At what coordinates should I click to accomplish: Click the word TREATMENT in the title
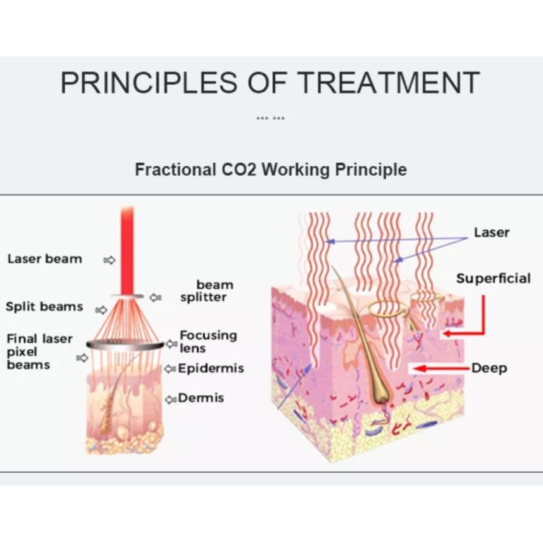click(388, 82)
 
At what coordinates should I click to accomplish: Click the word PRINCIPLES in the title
click(149, 82)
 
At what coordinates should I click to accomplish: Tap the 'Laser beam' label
click(44, 259)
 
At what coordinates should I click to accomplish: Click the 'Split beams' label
click(44, 306)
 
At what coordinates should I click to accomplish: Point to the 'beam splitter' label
click(207, 291)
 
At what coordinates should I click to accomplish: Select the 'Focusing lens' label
click(208, 342)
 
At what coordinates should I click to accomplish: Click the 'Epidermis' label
click(211, 368)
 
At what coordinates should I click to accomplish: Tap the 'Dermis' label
click(201, 398)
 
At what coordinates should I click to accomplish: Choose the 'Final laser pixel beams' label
click(39, 351)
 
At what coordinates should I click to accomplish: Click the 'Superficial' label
click(493, 278)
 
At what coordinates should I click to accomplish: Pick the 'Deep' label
click(489, 368)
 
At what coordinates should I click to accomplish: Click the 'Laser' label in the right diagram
click(492, 232)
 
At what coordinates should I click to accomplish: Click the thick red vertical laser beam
click(127, 250)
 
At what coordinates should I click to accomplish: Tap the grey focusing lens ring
click(125, 345)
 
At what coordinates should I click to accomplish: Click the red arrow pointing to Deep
click(442, 368)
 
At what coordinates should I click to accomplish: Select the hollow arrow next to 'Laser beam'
click(109, 259)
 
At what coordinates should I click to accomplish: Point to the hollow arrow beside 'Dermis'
click(170, 399)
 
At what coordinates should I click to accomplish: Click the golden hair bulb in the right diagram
click(381, 392)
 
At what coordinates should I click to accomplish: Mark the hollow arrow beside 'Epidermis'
click(170, 369)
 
